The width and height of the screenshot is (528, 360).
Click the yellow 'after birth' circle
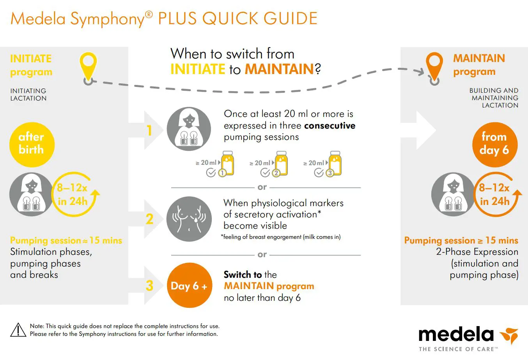32,144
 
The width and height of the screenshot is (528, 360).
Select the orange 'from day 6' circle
494,144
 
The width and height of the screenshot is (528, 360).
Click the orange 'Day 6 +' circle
189,286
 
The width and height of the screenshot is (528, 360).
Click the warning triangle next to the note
18,330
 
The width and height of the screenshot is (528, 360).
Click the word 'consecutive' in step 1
330,125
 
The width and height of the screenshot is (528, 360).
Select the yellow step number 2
149,219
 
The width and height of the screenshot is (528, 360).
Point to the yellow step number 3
149,286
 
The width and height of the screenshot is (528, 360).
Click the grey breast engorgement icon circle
189,219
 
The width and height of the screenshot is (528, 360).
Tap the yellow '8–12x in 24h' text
73,194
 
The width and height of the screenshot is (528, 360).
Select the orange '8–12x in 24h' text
494,194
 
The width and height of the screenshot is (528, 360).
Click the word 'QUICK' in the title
230,19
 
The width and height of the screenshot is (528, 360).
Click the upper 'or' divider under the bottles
262,187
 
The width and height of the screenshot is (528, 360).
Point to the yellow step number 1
149,131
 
